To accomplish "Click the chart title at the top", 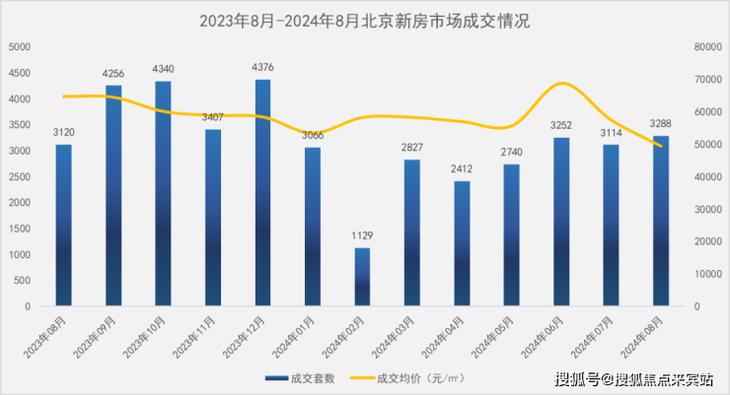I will tap(364, 20).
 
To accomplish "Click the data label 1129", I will tap(362, 235).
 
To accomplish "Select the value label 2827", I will tap(411, 148).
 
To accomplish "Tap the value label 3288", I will tap(661, 123).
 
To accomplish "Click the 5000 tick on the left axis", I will tap(18, 46).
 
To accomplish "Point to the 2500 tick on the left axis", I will tap(18, 176).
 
